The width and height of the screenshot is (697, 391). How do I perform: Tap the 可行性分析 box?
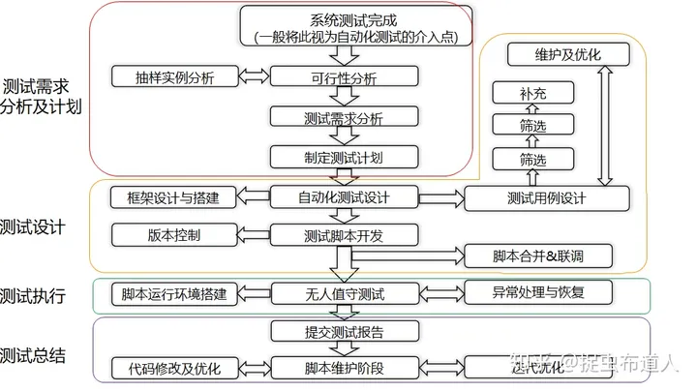344,76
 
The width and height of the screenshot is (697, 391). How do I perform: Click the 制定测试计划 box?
344,157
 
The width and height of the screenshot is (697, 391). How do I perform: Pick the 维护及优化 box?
567,54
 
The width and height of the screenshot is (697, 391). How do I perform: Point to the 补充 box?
532,95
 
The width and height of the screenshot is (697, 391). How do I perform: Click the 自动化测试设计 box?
344,197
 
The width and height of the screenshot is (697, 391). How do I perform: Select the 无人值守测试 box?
344,293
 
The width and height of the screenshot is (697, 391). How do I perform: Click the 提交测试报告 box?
344,332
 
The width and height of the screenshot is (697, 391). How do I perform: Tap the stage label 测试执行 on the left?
33,295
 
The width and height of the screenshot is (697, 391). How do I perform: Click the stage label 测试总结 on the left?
33,355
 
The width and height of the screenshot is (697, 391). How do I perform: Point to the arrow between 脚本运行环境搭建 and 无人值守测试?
253,293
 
